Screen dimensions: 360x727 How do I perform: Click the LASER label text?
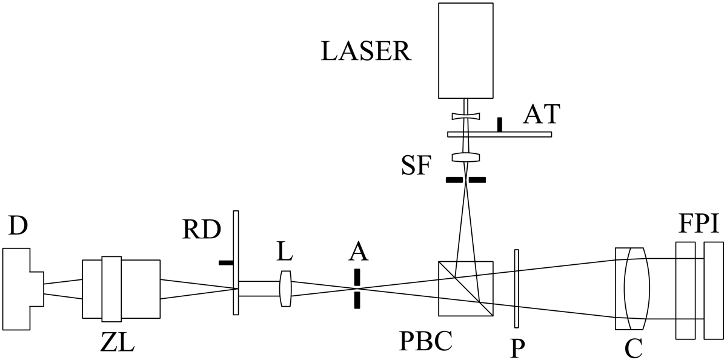coord(366,52)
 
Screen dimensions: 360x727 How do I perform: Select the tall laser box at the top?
coord(465,50)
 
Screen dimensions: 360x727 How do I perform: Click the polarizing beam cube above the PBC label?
coord(465,288)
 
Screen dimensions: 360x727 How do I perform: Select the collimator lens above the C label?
coord(632,288)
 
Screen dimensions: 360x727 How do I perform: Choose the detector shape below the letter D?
coord(21,288)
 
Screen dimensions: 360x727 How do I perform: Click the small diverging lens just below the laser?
coord(465,115)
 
